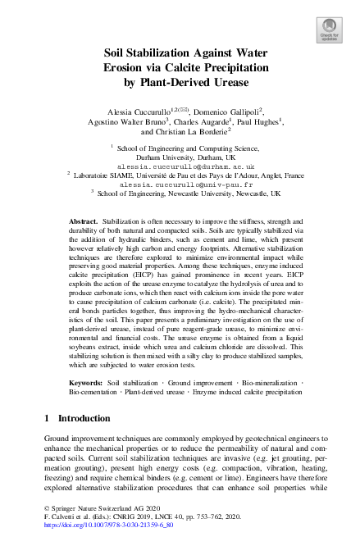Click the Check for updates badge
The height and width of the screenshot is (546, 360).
[330, 30]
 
